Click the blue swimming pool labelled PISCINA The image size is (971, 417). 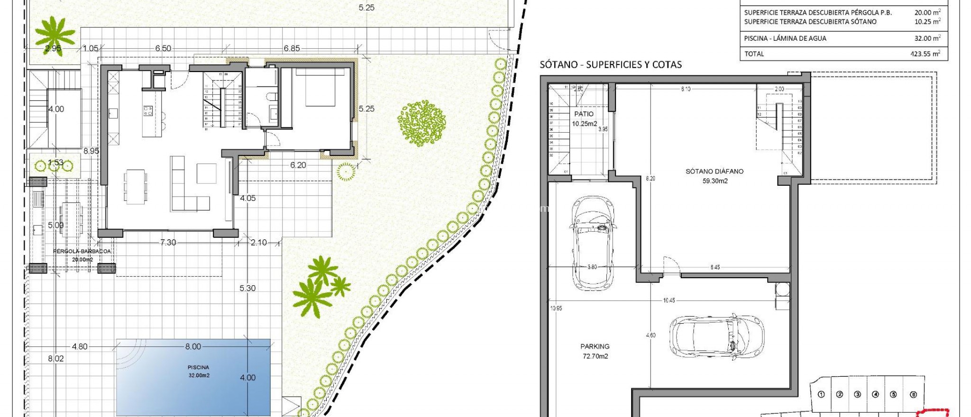pyautogui.click(x=193, y=377)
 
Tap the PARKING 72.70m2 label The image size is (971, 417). pyautogui.click(x=595, y=351)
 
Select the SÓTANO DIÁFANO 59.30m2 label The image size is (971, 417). pyautogui.click(x=715, y=176)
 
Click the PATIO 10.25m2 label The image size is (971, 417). pyautogui.click(x=584, y=118)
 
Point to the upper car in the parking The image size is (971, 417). pyautogui.click(x=592, y=243)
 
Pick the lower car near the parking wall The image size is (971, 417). pyautogui.click(x=716, y=336)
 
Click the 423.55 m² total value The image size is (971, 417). pyautogui.click(x=925, y=54)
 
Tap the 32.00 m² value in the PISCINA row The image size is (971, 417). pyautogui.click(x=927, y=38)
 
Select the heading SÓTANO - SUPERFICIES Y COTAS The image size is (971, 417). pyautogui.click(x=611, y=65)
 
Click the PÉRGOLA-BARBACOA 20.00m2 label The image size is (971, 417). pyautogui.click(x=82, y=255)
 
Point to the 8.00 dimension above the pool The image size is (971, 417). pyautogui.click(x=193, y=346)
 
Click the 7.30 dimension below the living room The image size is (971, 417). pyautogui.click(x=168, y=242)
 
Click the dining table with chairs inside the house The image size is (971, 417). pyautogui.click(x=136, y=187)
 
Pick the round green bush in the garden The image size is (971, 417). pyautogui.click(x=421, y=122)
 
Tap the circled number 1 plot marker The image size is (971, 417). pyautogui.click(x=822, y=394)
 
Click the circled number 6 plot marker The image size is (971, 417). pyautogui.click(x=913, y=394)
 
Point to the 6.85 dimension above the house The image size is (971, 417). pyautogui.click(x=292, y=48)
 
